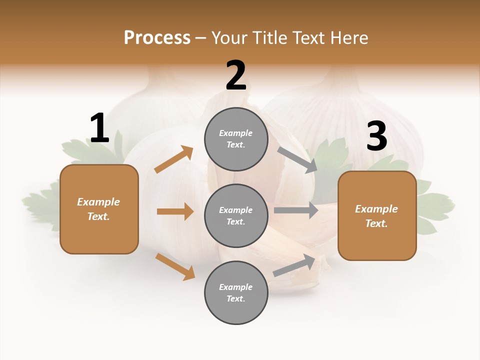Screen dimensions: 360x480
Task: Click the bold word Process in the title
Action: point(157,38)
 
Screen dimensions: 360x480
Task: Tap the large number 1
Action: point(99,128)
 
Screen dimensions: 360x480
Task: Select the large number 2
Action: point(236,75)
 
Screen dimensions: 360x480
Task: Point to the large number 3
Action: point(376,136)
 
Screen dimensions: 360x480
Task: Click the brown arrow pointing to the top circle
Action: point(173,159)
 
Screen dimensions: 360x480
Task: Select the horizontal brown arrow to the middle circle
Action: point(175,211)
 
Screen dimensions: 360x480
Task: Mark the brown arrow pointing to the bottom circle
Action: point(175,266)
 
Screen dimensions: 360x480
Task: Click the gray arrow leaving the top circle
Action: point(297,159)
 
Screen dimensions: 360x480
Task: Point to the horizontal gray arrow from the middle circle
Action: point(296,210)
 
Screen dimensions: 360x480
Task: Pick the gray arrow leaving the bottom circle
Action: point(294,265)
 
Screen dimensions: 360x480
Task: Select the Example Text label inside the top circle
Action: point(236,139)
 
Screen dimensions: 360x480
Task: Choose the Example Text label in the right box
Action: point(376,216)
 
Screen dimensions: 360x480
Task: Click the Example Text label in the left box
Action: point(98,209)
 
